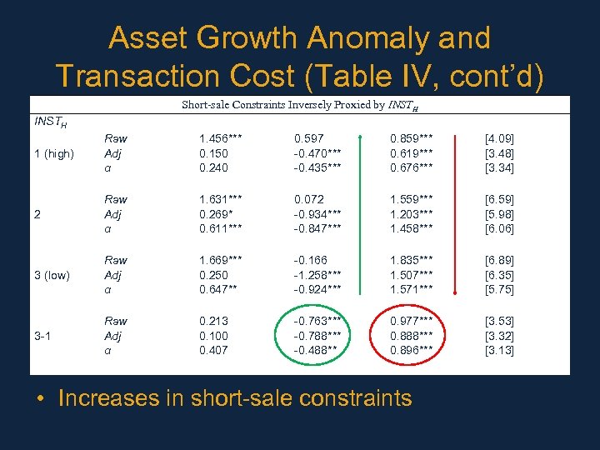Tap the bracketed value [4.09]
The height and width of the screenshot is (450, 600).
click(499, 138)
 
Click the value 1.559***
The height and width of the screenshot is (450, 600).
click(411, 199)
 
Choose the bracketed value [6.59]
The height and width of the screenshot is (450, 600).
click(499, 199)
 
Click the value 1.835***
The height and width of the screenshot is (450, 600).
click(411, 260)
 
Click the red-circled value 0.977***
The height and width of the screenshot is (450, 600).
click(411, 321)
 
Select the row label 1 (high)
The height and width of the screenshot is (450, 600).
click(53, 153)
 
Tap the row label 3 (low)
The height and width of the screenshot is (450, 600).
click(52, 275)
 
